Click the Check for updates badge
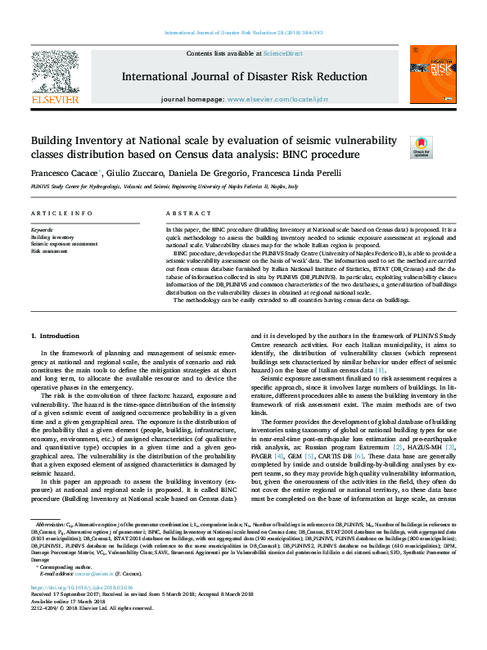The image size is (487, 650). tap(421, 147)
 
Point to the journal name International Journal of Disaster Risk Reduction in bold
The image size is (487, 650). tap(244, 76)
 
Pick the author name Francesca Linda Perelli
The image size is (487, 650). tap(296, 174)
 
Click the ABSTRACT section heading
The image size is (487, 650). tap(183, 213)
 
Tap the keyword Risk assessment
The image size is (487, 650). tap(49, 251)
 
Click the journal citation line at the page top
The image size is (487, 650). tap(243, 33)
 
